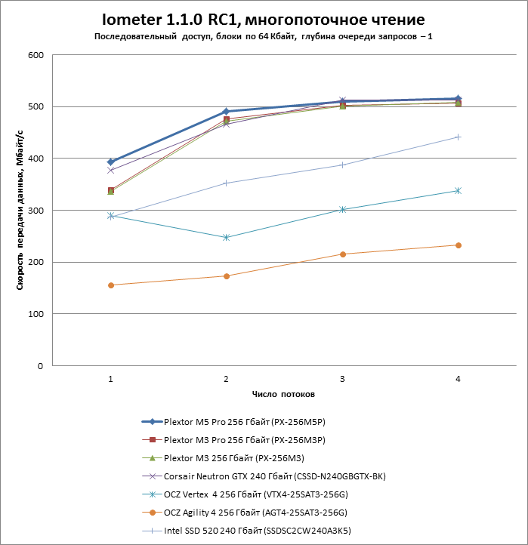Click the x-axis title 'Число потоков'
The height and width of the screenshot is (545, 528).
coord(283,395)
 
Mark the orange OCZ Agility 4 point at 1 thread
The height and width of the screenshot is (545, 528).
coord(111,285)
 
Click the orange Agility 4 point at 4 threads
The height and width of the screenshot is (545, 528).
coord(459,245)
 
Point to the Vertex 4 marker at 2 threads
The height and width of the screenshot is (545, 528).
coord(227,238)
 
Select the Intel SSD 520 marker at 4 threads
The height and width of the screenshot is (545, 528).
coord(459,137)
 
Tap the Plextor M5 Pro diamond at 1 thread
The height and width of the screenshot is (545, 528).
coord(111,162)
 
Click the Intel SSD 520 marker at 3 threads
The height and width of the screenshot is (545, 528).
coord(342,165)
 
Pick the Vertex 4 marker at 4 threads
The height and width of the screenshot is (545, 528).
coord(459,191)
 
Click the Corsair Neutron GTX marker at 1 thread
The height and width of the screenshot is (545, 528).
coord(111,171)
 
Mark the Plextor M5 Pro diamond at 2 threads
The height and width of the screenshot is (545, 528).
coord(227,112)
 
